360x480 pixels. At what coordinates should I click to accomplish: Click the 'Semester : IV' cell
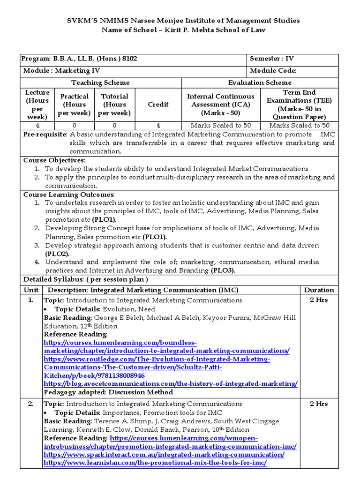(272, 59)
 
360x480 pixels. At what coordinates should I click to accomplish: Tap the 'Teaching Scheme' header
(100, 82)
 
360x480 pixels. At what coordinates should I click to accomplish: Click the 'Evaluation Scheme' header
(259, 82)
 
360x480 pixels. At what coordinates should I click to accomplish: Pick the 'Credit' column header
(158, 105)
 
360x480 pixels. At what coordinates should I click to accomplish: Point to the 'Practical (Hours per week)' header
(75, 105)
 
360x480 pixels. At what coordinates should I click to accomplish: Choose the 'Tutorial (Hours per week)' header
(114, 105)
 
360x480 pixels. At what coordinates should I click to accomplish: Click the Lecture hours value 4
(37, 126)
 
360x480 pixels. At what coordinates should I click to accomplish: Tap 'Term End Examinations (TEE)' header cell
(298, 105)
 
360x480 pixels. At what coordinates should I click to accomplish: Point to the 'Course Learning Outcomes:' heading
(69, 195)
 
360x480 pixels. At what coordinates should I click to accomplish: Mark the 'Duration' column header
(319, 290)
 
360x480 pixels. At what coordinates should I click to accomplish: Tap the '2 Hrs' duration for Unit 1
(319, 300)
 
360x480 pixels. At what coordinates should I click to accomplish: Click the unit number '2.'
(30, 404)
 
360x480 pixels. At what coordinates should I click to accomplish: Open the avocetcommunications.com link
(171, 384)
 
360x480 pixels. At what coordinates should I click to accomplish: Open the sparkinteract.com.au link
(164, 455)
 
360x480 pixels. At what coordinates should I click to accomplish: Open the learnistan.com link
(155, 463)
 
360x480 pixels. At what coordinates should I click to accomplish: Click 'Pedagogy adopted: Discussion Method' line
(108, 392)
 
